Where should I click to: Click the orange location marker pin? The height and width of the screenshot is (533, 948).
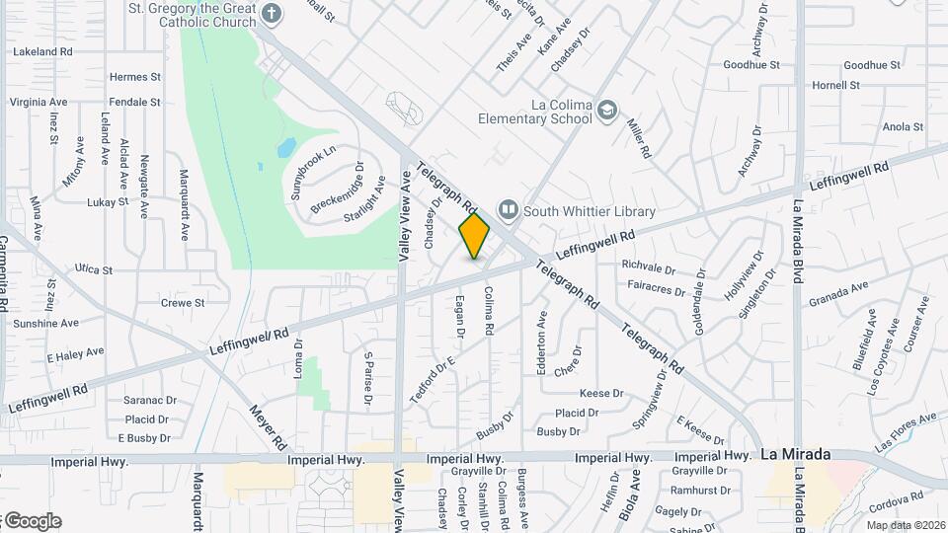point(474,235)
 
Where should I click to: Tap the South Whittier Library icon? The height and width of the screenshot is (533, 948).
point(509,209)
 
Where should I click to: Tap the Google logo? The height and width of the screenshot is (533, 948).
point(32,521)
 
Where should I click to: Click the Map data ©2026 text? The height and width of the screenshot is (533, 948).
point(906,525)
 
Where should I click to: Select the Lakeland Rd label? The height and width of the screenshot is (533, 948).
point(43,50)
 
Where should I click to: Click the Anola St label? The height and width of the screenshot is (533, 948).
point(903,127)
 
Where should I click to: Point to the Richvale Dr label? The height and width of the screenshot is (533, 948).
point(649,266)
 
